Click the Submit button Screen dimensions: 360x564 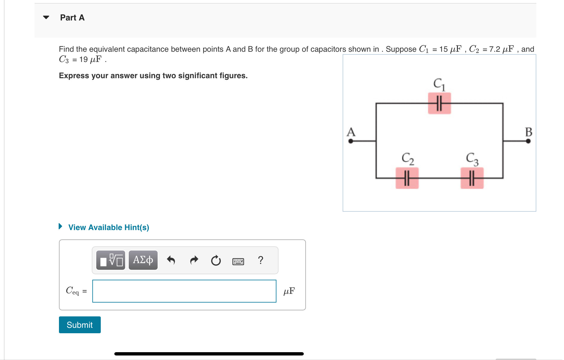click(x=80, y=325)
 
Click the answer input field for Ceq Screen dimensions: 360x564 click(x=184, y=291)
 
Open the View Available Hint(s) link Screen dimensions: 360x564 click(x=109, y=227)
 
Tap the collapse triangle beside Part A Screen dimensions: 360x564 click(x=46, y=17)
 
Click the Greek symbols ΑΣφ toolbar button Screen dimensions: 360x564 click(x=143, y=260)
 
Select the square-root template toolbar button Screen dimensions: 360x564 click(x=111, y=260)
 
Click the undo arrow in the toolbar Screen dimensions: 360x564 click(x=171, y=260)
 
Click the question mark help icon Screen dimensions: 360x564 click(x=260, y=260)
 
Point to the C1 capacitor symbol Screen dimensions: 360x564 click(x=439, y=103)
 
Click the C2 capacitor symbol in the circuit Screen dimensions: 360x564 click(x=407, y=178)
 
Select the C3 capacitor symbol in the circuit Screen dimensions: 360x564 click(x=472, y=178)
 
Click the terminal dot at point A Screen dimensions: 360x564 click(x=351, y=141)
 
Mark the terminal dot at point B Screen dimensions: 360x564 click(x=528, y=141)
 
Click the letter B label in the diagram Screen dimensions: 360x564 click(x=529, y=132)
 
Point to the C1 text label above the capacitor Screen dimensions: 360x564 click(x=439, y=84)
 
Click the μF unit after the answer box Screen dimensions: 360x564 click(x=289, y=291)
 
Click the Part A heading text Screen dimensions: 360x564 click(x=72, y=18)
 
